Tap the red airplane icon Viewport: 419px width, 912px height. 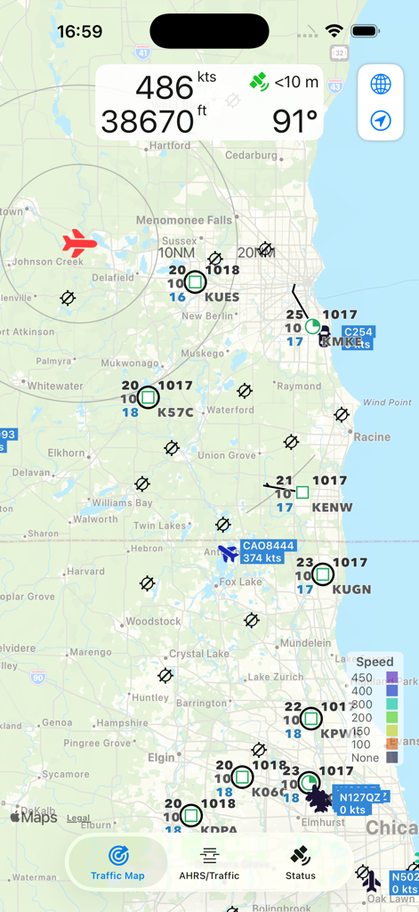point(79,243)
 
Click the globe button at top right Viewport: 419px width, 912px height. point(381,85)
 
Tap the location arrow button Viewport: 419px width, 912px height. point(381,120)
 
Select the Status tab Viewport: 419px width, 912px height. point(301,863)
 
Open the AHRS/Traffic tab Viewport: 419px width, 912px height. point(209,863)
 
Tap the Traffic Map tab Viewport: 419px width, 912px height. point(117,863)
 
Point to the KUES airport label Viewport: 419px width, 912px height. point(222,297)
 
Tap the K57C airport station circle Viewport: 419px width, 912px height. point(149,397)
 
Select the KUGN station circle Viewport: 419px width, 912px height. point(322,574)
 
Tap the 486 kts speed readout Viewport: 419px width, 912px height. point(175,87)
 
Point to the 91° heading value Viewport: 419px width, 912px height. point(294,120)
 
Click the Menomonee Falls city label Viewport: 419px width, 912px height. point(183,220)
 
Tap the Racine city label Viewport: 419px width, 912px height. point(372,436)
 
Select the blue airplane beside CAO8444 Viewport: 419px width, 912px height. point(229,553)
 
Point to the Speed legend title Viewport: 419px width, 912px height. point(375,662)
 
